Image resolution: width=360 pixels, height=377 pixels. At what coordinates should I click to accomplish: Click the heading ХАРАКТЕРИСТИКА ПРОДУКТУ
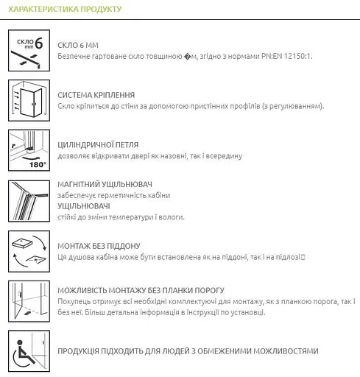point(63,10)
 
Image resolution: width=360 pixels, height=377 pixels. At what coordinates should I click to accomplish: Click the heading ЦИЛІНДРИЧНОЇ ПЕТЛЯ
point(97,145)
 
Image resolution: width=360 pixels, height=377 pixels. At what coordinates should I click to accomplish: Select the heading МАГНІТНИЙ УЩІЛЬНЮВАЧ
point(106,183)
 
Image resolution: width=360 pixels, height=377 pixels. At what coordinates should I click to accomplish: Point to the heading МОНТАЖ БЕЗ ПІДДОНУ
point(99,245)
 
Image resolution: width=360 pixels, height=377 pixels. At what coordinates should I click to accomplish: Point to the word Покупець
point(73,302)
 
